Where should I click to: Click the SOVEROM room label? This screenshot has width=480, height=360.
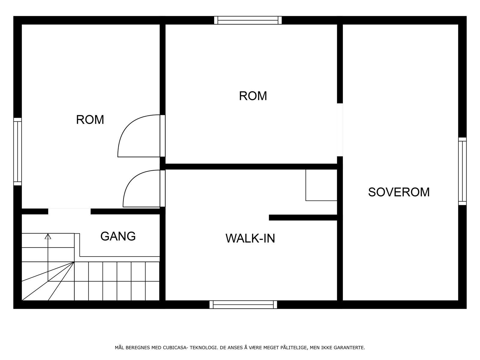click(x=399, y=192)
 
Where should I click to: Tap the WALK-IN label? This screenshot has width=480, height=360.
click(x=250, y=238)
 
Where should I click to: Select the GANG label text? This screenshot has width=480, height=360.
click(x=118, y=236)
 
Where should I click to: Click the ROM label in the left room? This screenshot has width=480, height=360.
click(x=90, y=120)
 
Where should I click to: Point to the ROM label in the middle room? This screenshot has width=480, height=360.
click(x=253, y=96)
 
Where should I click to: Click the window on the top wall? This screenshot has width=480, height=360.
click(x=248, y=20)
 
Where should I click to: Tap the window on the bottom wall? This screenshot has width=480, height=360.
click(x=243, y=304)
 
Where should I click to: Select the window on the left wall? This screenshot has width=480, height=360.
click(x=18, y=151)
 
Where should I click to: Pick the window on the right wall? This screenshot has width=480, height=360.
click(x=462, y=171)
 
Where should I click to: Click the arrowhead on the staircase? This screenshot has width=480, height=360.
click(x=48, y=236)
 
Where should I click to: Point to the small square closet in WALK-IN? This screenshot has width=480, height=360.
click(x=321, y=185)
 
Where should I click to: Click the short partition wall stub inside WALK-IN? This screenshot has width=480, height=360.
click(x=303, y=217)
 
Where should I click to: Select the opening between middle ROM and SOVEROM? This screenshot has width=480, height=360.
click(x=340, y=130)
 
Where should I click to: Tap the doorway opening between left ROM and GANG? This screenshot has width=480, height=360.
click(x=69, y=211)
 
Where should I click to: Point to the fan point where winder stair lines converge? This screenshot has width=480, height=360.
click(x=74, y=262)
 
